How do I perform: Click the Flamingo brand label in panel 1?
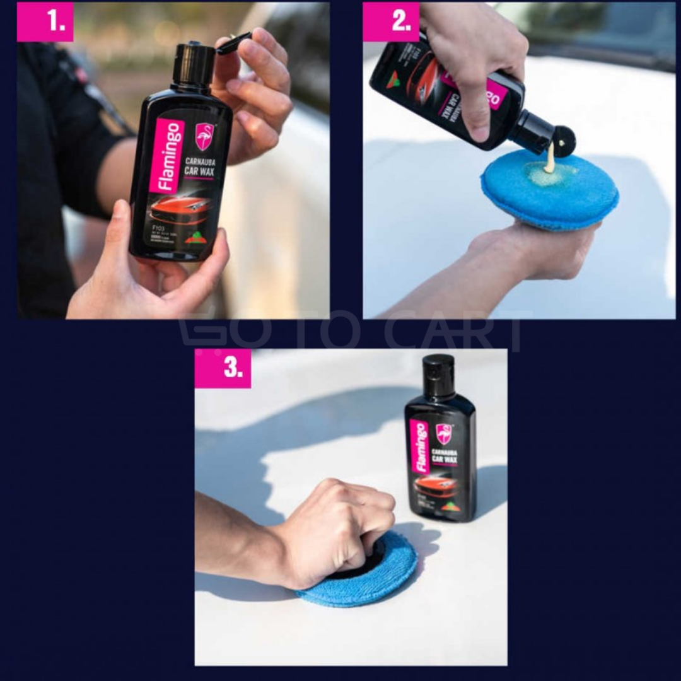pos(166,155)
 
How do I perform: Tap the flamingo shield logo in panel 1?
pos(204,136)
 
